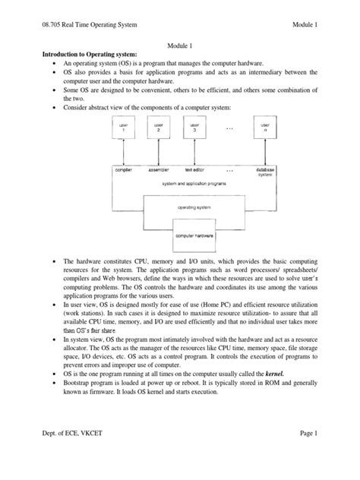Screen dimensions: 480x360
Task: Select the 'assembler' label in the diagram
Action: click(x=158, y=171)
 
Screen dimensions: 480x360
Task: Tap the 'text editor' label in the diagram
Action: click(x=194, y=171)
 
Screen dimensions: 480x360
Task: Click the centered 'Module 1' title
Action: click(x=180, y=46)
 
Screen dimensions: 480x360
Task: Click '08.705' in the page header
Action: click(x=37, y=25)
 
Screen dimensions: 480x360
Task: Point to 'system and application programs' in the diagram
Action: click(x=193, y=183)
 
